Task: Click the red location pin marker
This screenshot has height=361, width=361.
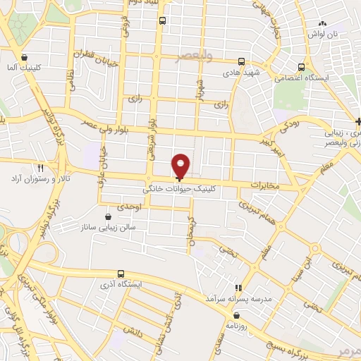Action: coord(181,165)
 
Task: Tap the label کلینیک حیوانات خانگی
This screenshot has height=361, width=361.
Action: coord(180,189)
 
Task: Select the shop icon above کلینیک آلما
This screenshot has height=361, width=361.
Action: coord(25,58)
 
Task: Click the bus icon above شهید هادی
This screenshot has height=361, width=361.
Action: coord(241,61)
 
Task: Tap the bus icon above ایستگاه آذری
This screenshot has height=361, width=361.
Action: coord(121,273)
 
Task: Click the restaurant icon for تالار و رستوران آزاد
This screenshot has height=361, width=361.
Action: coord(40,168)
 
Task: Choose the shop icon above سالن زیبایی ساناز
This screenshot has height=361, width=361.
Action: coord(108,217)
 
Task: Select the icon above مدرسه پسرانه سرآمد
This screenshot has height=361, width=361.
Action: coord(238,288)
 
